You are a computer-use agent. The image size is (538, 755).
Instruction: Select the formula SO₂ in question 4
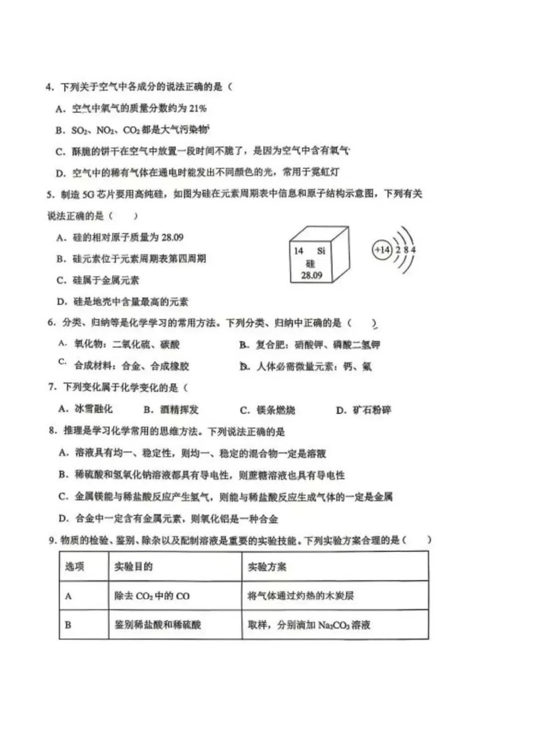point(79,130)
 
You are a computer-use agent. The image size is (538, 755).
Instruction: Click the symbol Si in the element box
point(321,251)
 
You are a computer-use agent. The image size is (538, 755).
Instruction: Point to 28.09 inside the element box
point(311,275)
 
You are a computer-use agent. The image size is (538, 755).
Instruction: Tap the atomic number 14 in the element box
point(298,251)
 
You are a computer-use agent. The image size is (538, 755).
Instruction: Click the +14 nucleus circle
point(382,250)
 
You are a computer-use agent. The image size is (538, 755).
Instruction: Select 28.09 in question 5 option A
point(172,238)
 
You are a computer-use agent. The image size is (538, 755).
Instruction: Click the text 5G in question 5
point(88,194)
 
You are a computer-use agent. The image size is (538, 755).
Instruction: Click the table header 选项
point(75,567)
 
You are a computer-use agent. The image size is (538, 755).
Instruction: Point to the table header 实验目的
point(134,567)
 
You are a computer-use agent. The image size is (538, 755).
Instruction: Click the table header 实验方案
point(267,567)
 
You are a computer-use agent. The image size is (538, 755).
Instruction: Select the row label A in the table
point(68,596)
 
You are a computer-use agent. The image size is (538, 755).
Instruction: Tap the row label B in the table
point(68,625)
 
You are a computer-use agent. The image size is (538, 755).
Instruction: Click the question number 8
point(52,431)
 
